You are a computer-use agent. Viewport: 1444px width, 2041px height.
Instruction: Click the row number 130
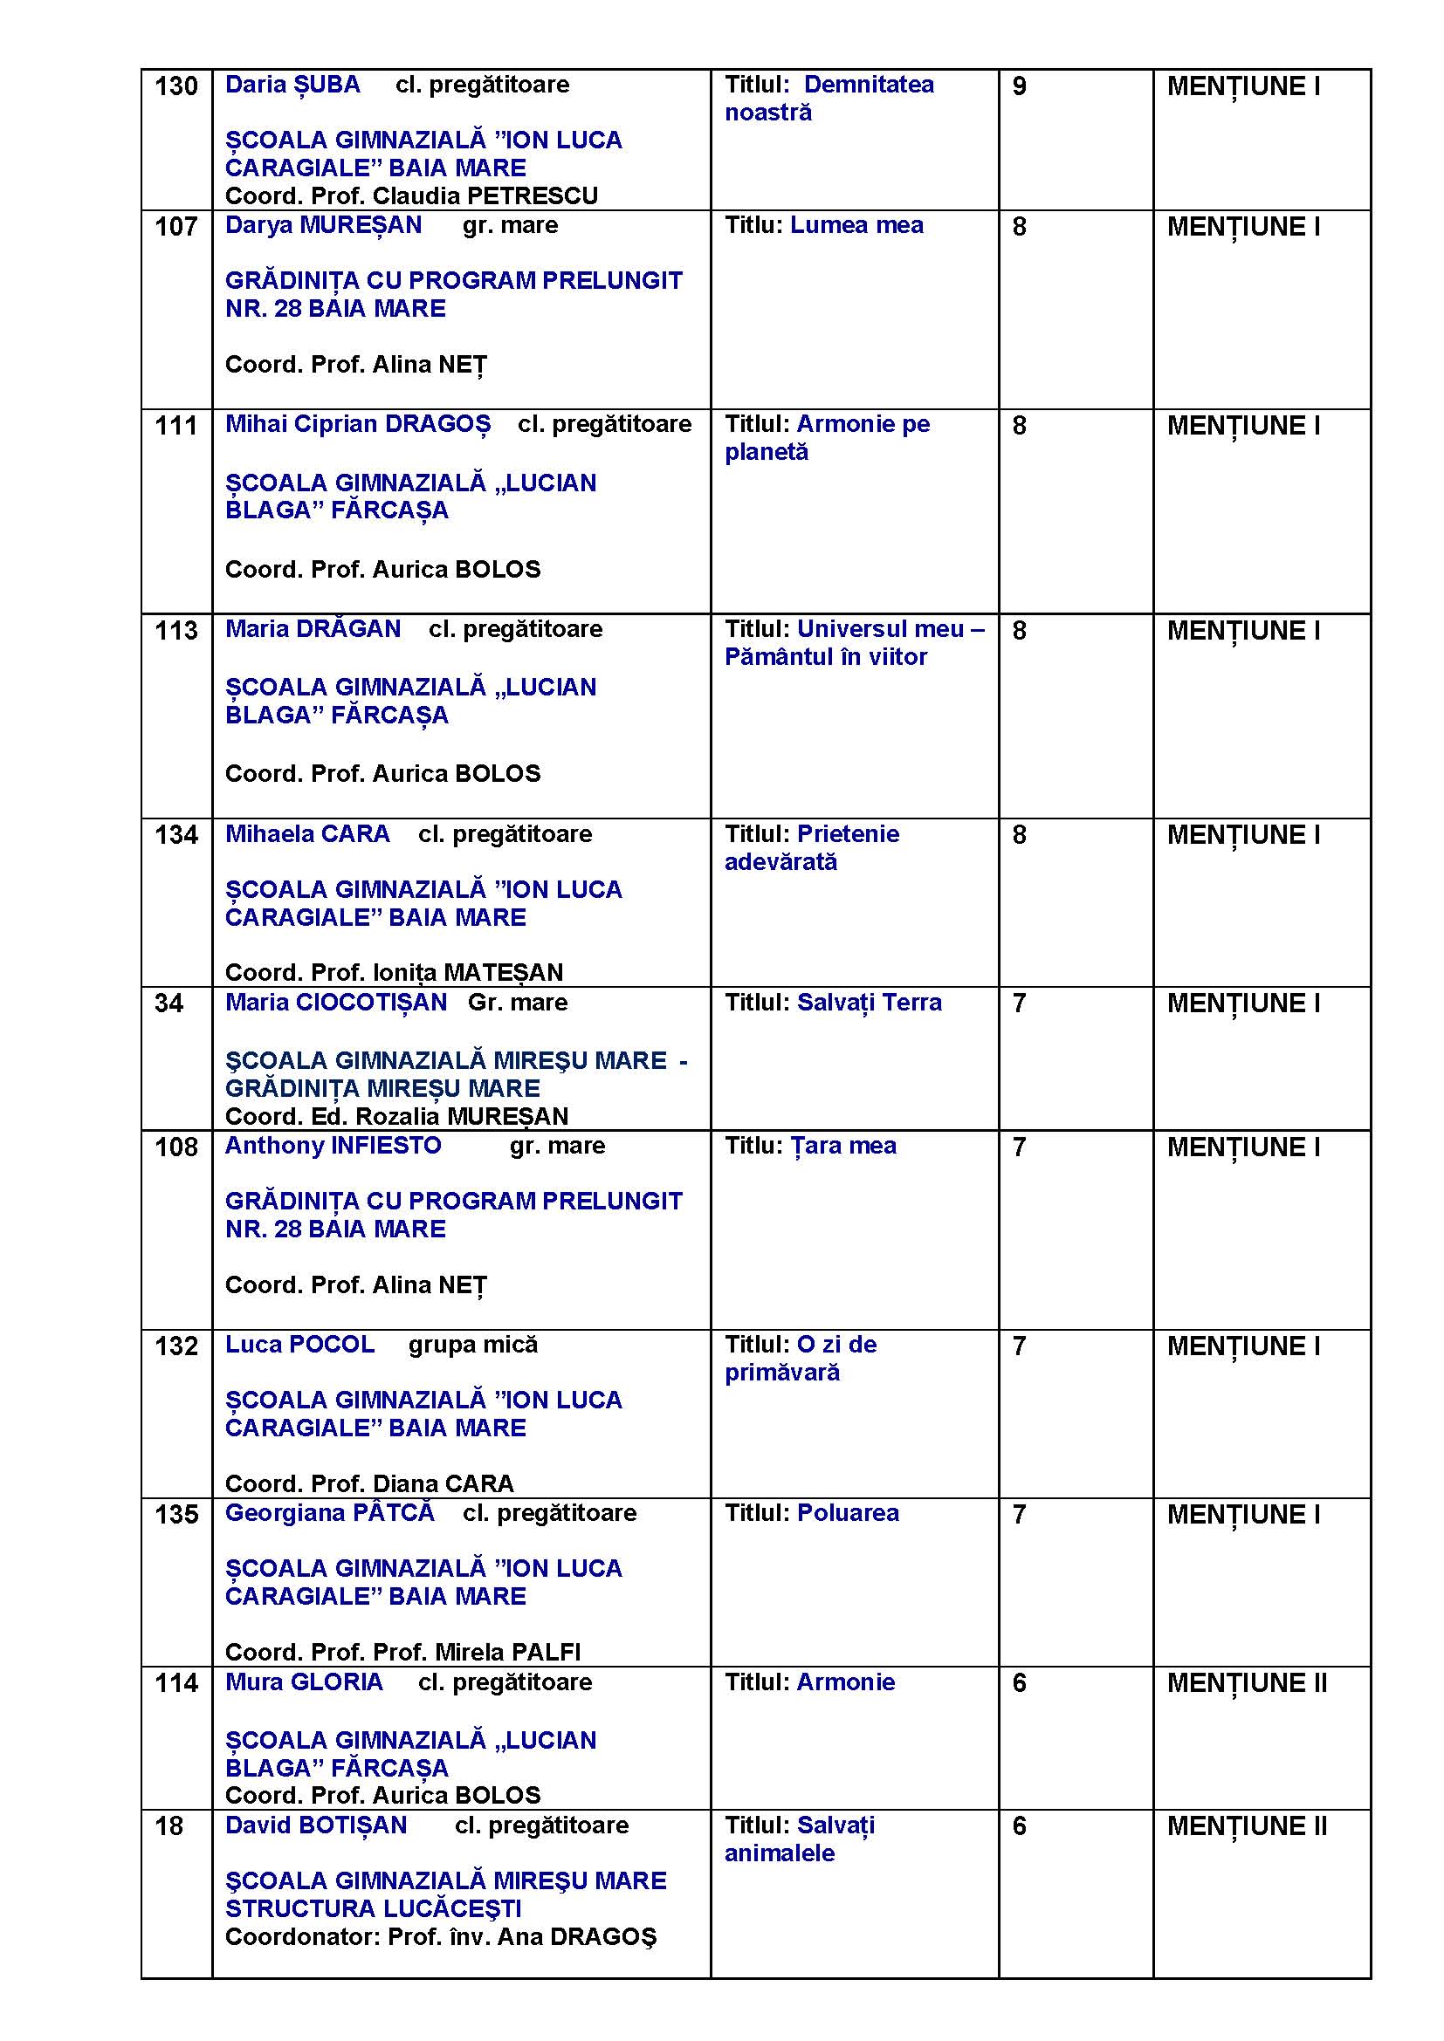pyautogui.click(x=176, y=86)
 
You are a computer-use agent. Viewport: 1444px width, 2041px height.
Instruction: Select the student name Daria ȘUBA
pyautogui.click(x=292, y=86)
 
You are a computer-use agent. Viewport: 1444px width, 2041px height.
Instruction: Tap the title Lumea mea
pyautogui.click(x=856, y=226)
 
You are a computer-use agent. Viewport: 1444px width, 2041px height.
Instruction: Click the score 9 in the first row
pyautogui.click(x=1019, y=86)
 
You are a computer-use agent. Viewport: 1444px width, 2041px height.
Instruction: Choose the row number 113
pyautogui.click(x=176, y=631)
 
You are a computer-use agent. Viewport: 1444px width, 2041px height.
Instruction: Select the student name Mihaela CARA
pyautogui.click(x=307, y=835)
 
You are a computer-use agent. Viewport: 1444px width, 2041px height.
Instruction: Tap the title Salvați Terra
pyautogui.click(x=869, y=1003)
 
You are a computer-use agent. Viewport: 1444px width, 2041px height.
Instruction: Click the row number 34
pyautogui.click(x=169, y=1003)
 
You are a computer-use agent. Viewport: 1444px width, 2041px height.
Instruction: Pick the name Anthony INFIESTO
pyautogui.click(x=333, y=1146)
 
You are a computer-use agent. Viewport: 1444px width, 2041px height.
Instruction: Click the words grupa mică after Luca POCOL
pyautogui.click(x=473, y=1345)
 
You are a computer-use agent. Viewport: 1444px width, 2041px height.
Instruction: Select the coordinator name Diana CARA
pyautogui.click(x=443, y=1483)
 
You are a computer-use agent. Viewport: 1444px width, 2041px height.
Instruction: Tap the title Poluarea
pyautogui.click(x=848, y=1513)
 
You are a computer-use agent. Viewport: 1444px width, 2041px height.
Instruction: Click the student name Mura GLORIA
pyautogui.click(x=304, y=1681)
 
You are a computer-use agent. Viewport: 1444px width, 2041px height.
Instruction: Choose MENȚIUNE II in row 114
pyautogui.click(x=1247, y=1682)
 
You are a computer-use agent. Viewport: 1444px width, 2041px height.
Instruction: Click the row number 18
pyautogui.click(x=169, y=1825)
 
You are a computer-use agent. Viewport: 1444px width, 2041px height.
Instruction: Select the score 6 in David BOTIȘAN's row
pyautogui.click(x=1019, y=1825)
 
